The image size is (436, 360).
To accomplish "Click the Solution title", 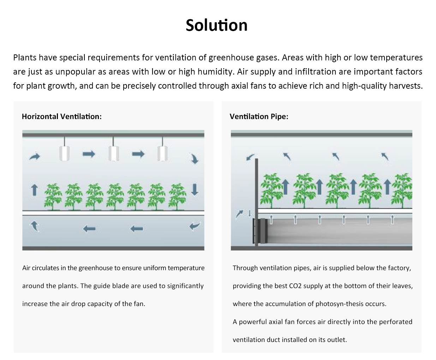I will (x=216, y=25).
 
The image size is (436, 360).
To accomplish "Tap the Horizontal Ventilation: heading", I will (x=61, y=117).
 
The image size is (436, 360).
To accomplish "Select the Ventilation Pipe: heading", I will (x=259, y=117).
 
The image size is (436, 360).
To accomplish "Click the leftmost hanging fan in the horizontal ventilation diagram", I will (x=64, y=153).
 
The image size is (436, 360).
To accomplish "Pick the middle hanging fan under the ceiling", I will (x=113, y=153).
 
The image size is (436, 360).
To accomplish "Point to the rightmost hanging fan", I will (x=162, y=153).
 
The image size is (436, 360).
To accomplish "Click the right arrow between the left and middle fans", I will (x=89, y=154).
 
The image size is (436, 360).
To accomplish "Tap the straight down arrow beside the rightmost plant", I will (x=195, y=189).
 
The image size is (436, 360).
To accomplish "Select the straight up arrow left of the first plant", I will (x=34, y=190).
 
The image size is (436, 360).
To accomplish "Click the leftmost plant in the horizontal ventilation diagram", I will (x=53, y=196).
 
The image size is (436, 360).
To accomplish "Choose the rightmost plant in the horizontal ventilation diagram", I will (x=177, y=196).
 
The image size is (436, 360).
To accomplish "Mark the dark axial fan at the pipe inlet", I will (x=262, y=231).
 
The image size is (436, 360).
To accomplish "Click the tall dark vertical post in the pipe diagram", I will (x=256, y=198).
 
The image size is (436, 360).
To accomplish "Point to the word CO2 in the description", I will (x=295, y=286).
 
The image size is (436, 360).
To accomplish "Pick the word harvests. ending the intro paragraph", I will (x=406, y=86).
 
